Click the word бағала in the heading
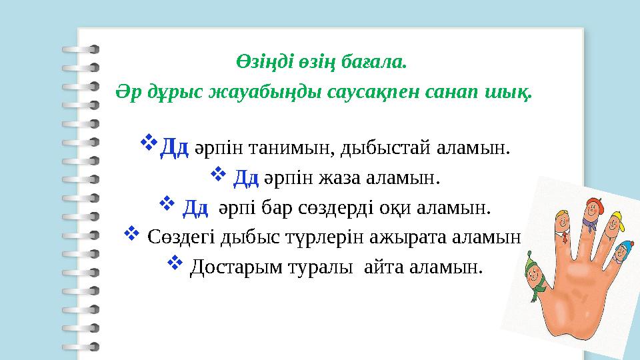point(379,63)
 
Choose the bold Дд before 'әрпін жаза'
point(246,178)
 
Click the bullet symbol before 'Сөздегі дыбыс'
point(132,234)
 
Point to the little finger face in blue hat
point(624,251)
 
